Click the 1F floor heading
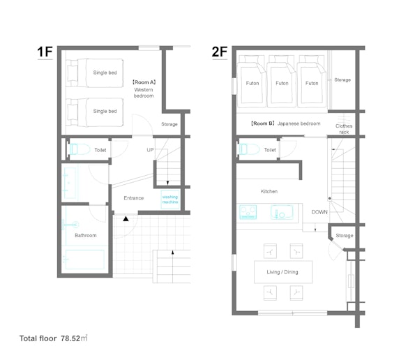pyautogui.click(x=45, y=52)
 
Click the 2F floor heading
pyautogui.click(x=220, y=52)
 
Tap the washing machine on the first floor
pyautogui.click(x=170, y=200)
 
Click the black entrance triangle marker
pyautogui.click(x=126, y=218)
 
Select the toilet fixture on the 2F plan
pyautogui.click(x=249, y=149)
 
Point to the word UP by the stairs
pyautogui.click(x=150, y=150)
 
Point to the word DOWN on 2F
pyautogui.click(x=319, y=212)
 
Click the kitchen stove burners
pyautogui.click(x=248, y=212)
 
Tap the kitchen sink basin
pyautogui.click(x=282, y=212)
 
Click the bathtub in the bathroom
pyautogui.click(x=84, y=260)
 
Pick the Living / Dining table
pyautogui.click(x=283, y=272)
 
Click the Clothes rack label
pyautogui.click(x=344, y=129)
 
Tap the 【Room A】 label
pyautogui.click(x=144, y=82)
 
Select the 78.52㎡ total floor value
pyautogui.click(x=74, y=338)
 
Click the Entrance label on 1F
pyautogui.click(x=134, y=198)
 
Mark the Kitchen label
pyautogui.click(x=269, y=191)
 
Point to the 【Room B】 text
pyautogui.click(x=263, y=123)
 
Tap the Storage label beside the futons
pyautogui.click(x=342, y=80)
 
